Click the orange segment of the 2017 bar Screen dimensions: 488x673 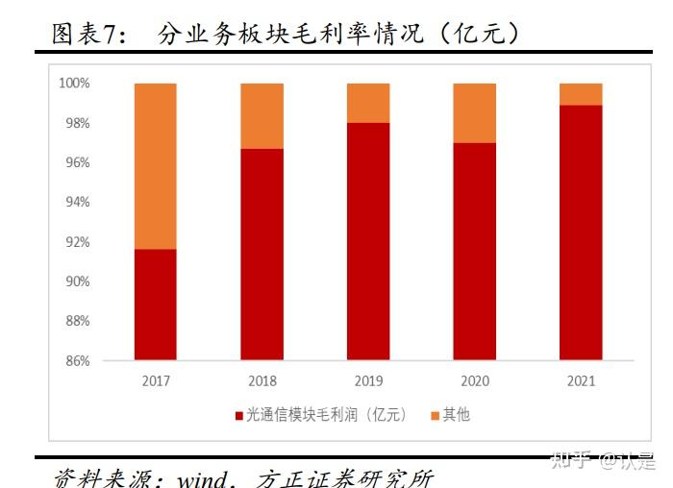pyautogui.click(x=155, y=166)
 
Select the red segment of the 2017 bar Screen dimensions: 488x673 pyautogui.click(x=155, y=305)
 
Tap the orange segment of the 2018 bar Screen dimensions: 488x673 pyautogui.click(x=262, y=116)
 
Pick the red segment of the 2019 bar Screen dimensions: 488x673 pyautogui.click(x=368, y=241)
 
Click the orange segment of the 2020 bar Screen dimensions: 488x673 pyautogui.click(x=474, y=113)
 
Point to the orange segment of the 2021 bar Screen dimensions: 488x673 pyautogui.click(x=581, y=94)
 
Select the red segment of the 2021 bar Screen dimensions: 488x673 pyautogui.click(x=581, y=232)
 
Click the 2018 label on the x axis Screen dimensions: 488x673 pyautogui.click(x=262, y=380)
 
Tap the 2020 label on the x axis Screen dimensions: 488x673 pyautogui.click(x=474, y=380)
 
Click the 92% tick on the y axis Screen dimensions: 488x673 pyautogui.click(x=77, y=242)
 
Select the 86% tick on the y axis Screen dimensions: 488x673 pyautogui.click(x=77, y=361)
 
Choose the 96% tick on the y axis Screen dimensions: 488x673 pyautogui.click(x=77, y=163)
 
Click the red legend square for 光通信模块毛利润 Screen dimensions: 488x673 pyautogui.click(x=238, y=416)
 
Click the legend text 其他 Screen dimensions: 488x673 pyautogui.click(x=456, y=416)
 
